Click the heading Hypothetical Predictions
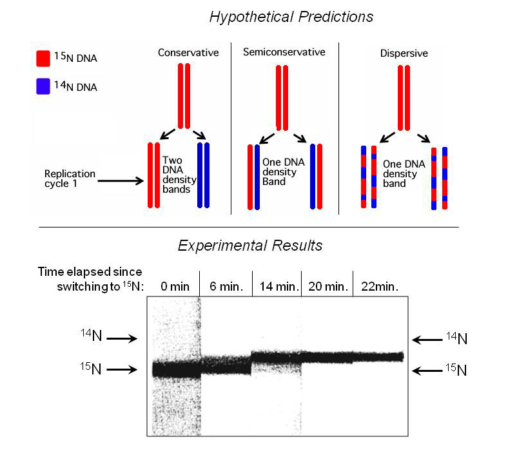(x=291, y=17)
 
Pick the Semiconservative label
(x=284, y=52)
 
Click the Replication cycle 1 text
(x=70, y=179)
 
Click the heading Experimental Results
(x=250, y=246)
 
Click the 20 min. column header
(x=327, y=286)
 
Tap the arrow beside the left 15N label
(x=122, y=370)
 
